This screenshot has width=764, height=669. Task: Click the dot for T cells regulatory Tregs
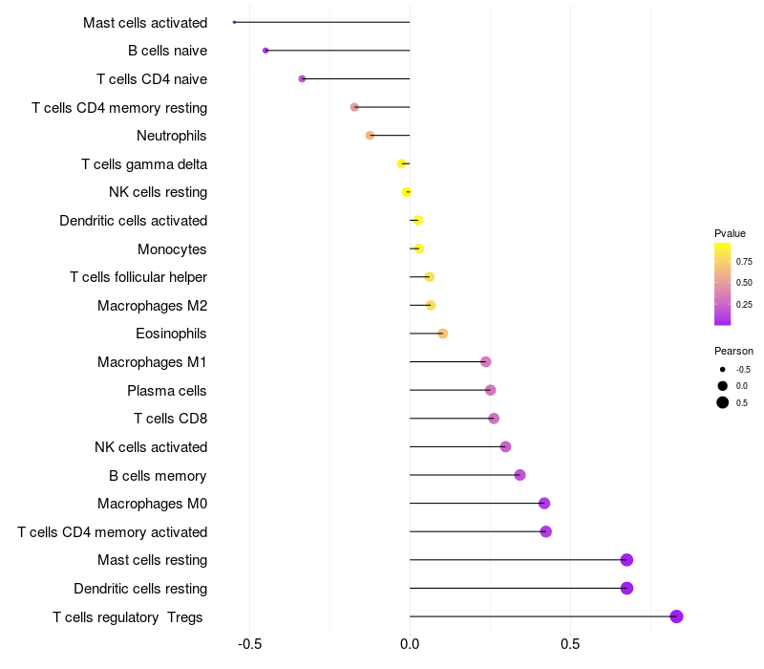676,616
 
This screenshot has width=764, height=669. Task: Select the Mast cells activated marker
234,22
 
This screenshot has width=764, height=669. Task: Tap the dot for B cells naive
265,51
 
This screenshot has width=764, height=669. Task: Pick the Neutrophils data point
370,136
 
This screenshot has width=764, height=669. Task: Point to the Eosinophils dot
442,334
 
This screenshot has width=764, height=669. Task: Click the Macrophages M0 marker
544,504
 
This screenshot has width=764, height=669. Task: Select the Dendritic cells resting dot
626,588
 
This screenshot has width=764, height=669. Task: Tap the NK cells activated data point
505,446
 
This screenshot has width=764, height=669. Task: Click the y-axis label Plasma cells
167,390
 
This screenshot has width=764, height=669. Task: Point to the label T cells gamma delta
144,164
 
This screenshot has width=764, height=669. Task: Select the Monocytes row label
172,249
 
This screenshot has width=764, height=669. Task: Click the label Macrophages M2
152,306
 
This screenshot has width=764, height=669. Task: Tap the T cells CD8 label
171,419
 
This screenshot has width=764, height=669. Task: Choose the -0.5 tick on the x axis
249,643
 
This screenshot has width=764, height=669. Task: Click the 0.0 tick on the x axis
410,643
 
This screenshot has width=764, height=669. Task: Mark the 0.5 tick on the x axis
570,643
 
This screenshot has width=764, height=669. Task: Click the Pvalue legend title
730,233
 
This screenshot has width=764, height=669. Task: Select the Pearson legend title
733,351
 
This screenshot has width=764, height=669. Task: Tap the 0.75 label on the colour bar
744,261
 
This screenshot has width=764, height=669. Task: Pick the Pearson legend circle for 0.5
723,402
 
